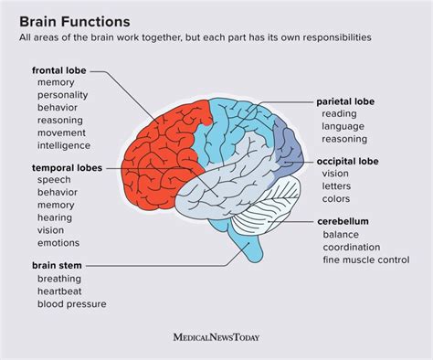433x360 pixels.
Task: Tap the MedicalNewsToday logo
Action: coord(216,337)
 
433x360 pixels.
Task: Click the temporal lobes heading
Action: coord(67,168)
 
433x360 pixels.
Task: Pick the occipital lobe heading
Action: coord(349,160)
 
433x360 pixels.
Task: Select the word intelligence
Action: coord(64,145)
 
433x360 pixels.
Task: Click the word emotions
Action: coord(59,243)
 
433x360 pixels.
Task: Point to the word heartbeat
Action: coord(61,291)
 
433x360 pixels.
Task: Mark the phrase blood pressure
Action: coord(72,304)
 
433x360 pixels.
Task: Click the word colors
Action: coord(337,197)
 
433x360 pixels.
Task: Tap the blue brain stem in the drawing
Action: coord(249,245)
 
